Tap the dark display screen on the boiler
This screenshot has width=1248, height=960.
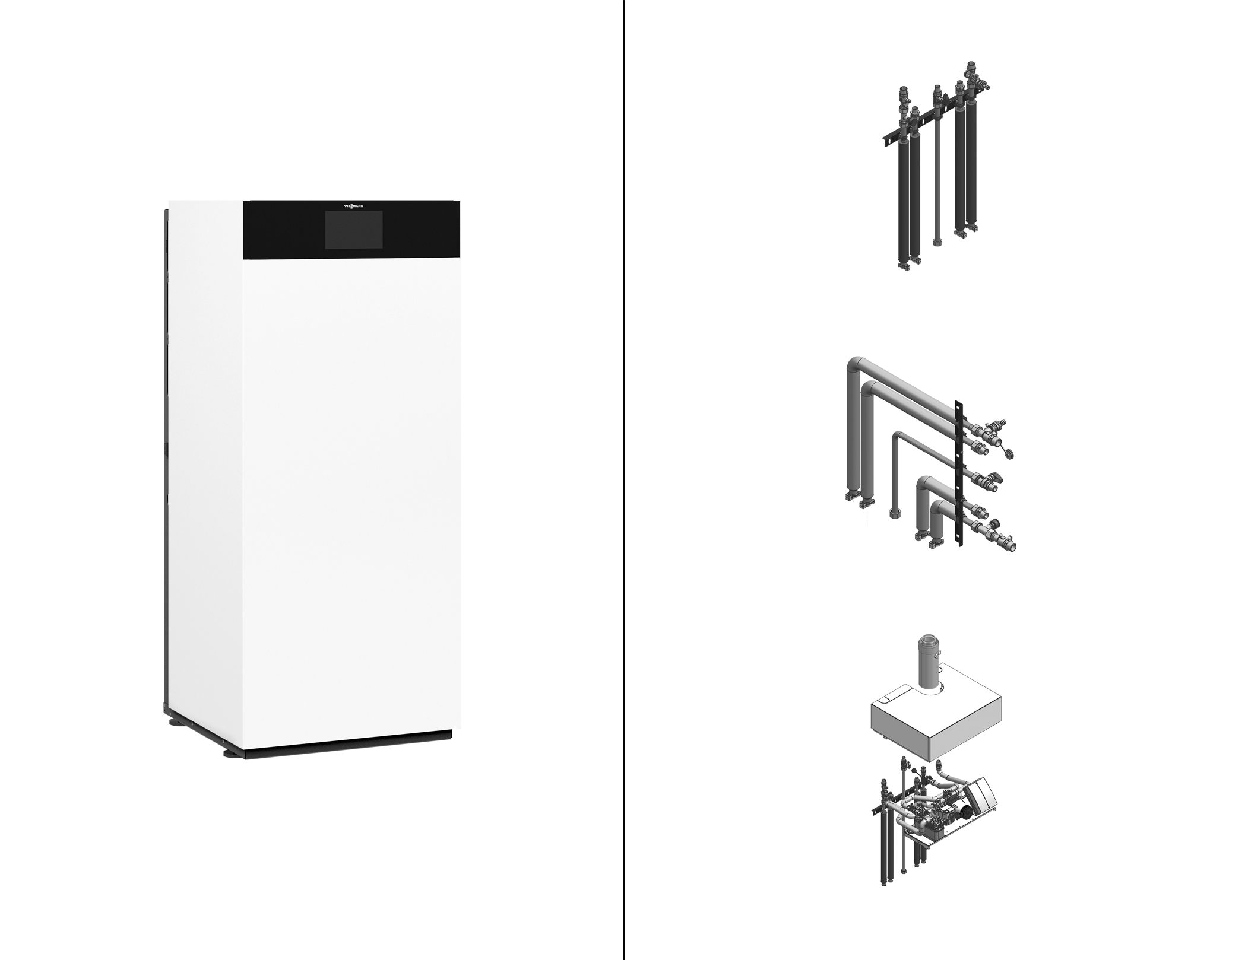click(x=353, y=230)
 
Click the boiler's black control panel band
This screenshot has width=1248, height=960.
click(x=351, y=230)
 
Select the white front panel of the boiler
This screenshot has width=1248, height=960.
click(x=351, y=498)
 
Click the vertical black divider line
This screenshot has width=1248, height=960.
click(x=624, y=480)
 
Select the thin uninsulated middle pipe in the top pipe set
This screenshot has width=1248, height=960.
click(x=937, y=178)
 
